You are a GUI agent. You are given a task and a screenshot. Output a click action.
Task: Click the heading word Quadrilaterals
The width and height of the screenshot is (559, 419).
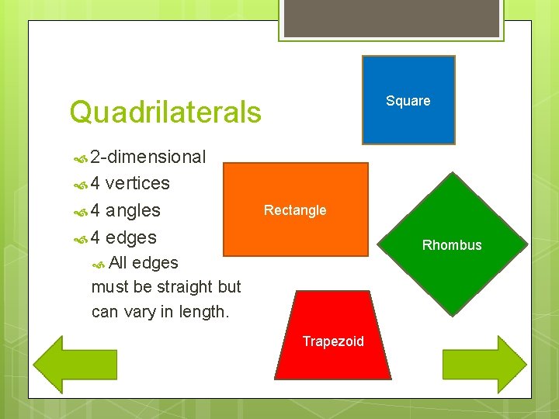pyautogui.click(x=165, y=113)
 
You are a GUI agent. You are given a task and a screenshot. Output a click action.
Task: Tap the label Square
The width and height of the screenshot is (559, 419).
pyautogui.click(x=408, y=101)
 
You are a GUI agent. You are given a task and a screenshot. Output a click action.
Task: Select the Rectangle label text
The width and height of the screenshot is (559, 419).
pyautogui.click(x=295, y=209)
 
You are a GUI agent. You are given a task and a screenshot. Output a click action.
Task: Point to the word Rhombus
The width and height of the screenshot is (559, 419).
pyautogui.click(x=452, y=245)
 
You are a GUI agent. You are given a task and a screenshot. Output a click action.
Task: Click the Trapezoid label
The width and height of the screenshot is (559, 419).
pyautogui.click(x=333, y=341)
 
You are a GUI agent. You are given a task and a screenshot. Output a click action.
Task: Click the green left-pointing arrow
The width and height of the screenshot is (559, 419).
pyautogui.click(x=66, y=364)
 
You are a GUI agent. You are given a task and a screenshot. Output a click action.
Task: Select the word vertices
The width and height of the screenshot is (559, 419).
pyautogui.click(x=137, y=183)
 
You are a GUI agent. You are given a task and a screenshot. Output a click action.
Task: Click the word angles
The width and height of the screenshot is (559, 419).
pyautogui.click(x=133, y=210)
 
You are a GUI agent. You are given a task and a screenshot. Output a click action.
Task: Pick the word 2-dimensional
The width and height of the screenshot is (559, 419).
pyautogui.click(x=148, y=157)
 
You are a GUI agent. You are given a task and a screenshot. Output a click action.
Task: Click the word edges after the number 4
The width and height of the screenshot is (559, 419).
pyautogui.click(x=130, y=237)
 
